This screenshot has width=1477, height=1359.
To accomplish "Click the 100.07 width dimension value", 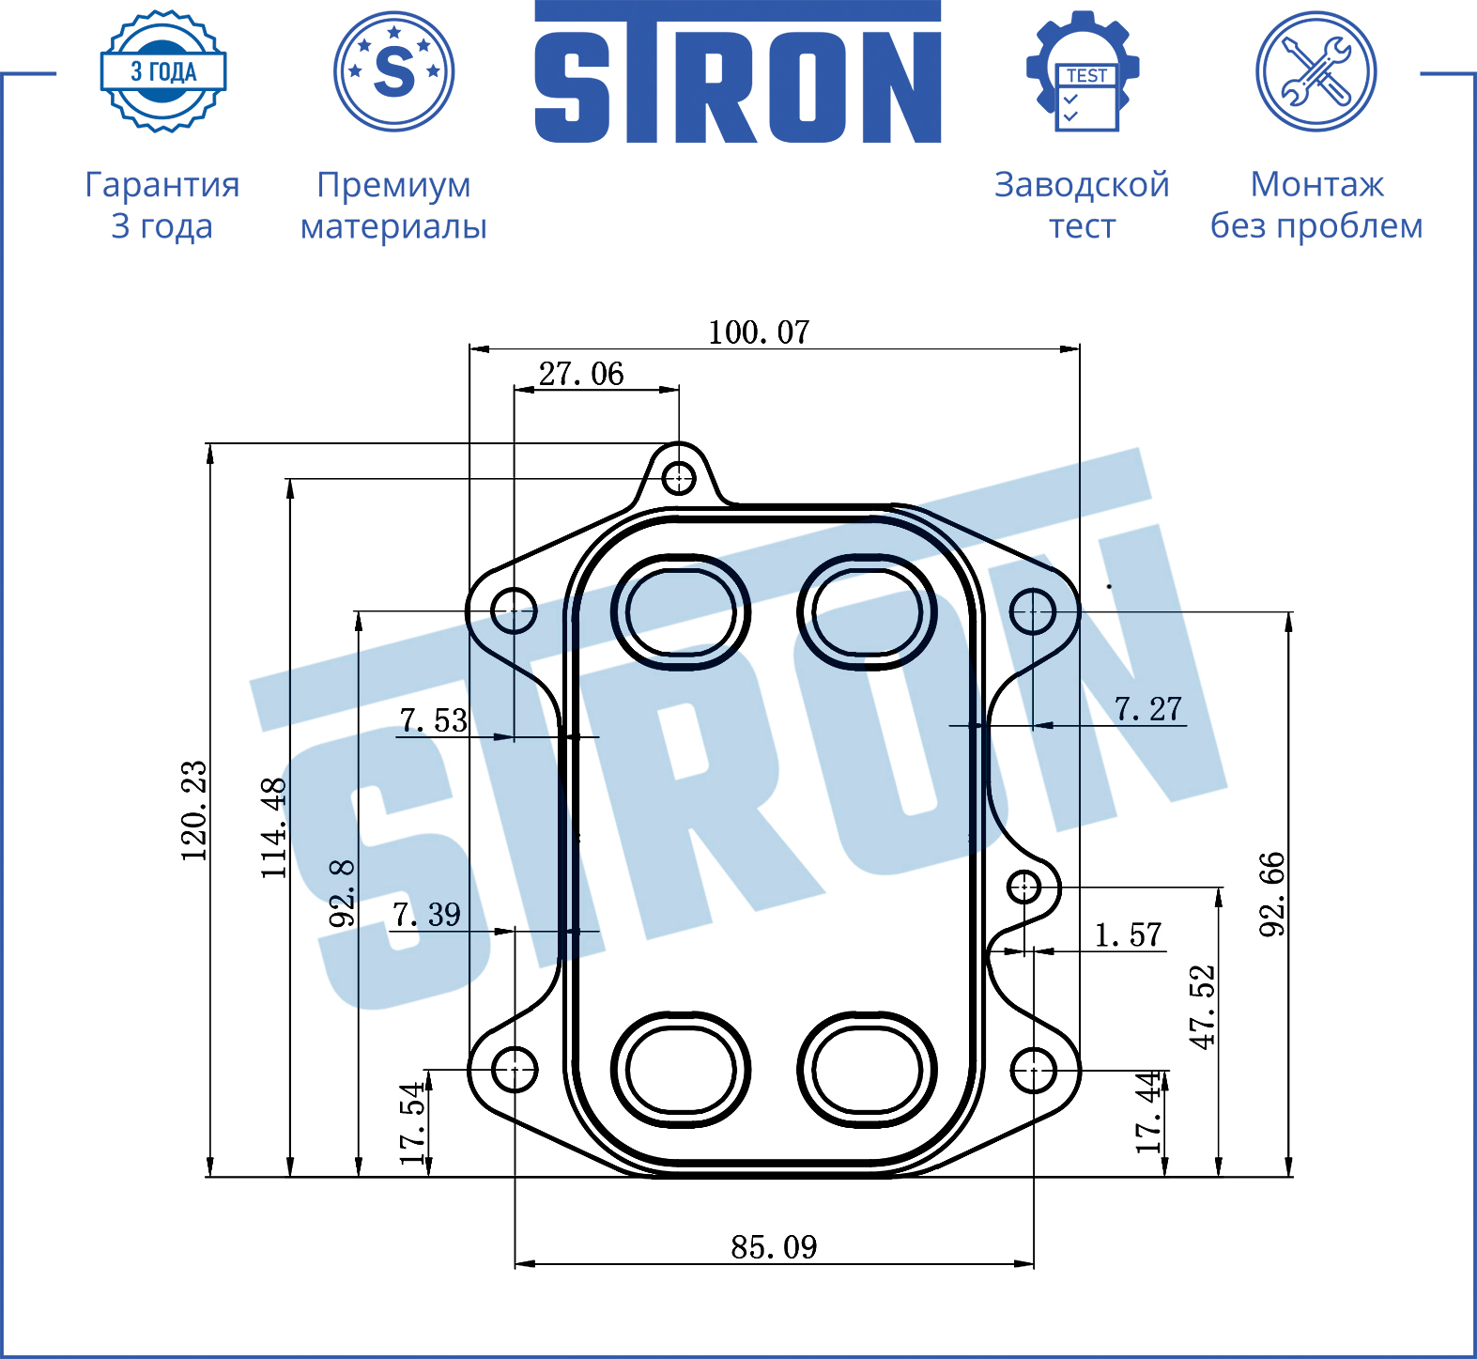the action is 759,332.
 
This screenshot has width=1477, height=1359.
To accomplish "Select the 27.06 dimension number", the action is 581,374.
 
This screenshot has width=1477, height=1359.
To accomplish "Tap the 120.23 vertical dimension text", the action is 194,811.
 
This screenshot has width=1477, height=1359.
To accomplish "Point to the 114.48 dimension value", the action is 273,828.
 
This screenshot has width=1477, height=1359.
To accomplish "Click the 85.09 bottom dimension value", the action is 774,1247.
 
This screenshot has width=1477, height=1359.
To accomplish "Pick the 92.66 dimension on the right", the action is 1271,894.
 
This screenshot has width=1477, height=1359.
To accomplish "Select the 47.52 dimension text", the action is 1203,1007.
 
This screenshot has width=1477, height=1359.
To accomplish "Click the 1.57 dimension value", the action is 1128,935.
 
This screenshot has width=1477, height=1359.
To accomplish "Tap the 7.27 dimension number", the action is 1147,709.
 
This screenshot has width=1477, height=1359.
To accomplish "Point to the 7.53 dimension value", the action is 433,720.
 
